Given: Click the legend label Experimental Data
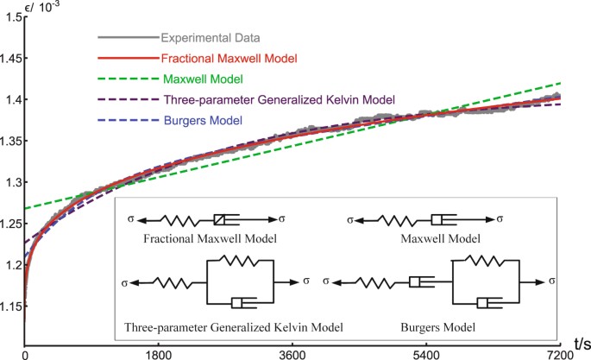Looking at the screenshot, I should pos(211,38).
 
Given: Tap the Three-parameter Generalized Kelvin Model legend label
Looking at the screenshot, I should pos(278,99).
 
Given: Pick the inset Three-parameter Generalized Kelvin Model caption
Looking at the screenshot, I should pos(234,327).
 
